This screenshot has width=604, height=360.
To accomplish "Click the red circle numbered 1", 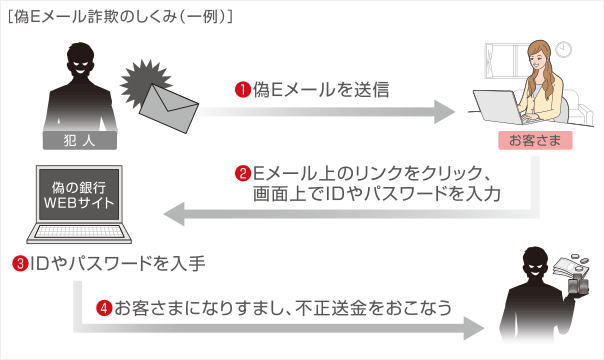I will tap(241, 90).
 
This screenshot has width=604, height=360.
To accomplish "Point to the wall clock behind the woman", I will tap(565, 48).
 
